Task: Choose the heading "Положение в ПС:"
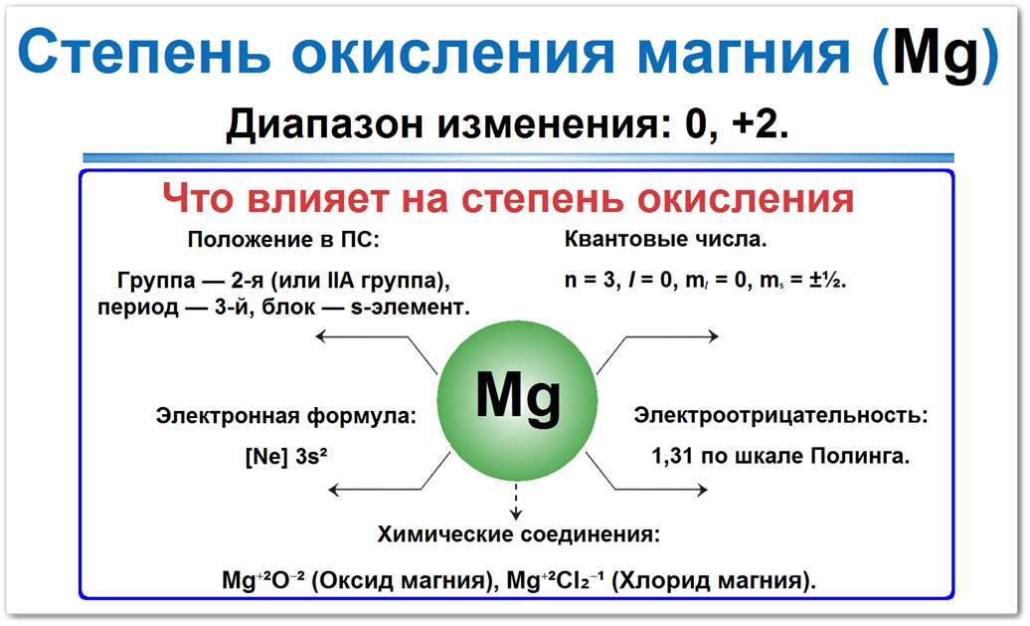point(283,240)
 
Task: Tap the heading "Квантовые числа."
point(665,240)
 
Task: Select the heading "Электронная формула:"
point(286,416)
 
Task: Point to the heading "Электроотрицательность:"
point(780,415)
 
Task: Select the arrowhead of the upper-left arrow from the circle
point(320,338)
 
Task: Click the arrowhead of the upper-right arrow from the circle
point(712,337)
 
